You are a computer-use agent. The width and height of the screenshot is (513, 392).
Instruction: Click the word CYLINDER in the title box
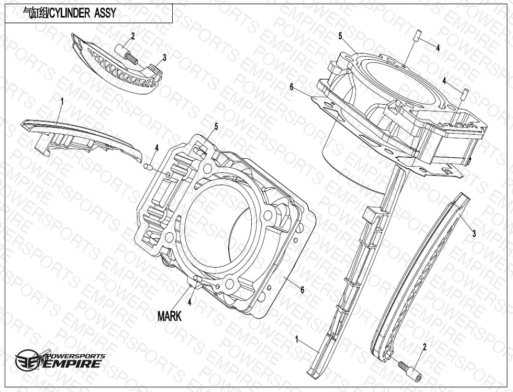click(x=69, y=13)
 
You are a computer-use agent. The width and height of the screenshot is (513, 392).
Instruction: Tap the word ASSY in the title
click(x=105, y=13)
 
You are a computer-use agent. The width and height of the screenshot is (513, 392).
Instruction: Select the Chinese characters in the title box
click(x=35, y=13)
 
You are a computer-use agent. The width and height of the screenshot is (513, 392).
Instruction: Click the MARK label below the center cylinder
click(x=169, y=317)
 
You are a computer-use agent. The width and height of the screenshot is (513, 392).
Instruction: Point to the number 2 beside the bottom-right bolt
click(x=425, y=346)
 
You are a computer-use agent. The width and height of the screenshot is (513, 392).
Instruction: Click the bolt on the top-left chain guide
click(x=126, y=54)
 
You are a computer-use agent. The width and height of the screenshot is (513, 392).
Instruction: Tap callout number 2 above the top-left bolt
click(x=133, y=36)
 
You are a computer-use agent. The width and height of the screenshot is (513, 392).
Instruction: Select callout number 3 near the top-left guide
click(x=164, y=58)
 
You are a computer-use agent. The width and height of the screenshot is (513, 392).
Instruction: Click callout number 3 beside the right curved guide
click(x=474, y=234)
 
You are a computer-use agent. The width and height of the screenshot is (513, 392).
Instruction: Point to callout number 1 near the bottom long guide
click(x=297, y=339)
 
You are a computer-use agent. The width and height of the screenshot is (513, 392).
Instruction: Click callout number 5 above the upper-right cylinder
click(x=340, y=36)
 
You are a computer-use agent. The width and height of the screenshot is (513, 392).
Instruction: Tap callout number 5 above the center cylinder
click(x=216, y=126)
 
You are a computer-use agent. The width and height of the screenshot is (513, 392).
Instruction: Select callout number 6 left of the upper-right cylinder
click(x=292, y=87)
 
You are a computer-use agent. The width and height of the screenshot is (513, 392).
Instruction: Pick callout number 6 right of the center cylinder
click(x=303, y=290)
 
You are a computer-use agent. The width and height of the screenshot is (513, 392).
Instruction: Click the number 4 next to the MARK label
click(x=189, y=302)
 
